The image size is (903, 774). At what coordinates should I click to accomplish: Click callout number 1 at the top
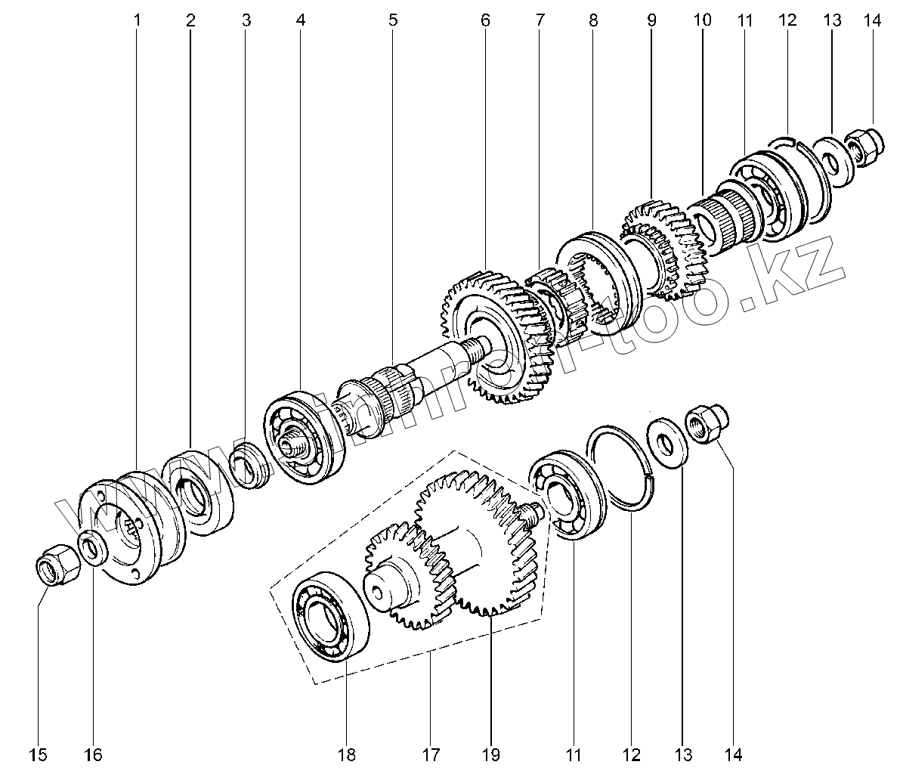[x=137, y=20]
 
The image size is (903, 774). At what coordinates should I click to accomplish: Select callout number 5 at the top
[x=393, y=20]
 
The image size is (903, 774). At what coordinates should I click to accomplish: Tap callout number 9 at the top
[x=651, y=20]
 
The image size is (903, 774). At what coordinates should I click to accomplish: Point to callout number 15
[x=39, y=754]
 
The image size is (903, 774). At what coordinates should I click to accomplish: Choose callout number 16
[x=92, y=754]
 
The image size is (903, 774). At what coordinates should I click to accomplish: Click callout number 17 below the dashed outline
[x=430, y=754]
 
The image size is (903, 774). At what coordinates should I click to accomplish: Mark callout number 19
[x=490, y=754]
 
